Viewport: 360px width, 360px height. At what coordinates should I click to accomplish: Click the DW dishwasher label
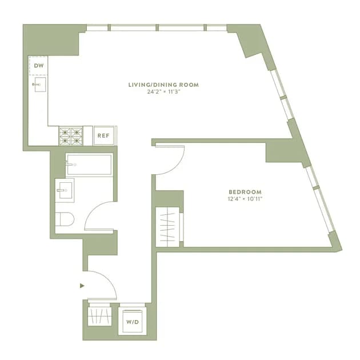point(39,66)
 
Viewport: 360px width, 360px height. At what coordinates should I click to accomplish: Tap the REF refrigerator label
point(103,135)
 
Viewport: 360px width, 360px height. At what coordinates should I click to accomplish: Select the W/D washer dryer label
point(133,322)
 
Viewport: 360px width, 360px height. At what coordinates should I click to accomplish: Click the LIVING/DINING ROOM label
point(163,85)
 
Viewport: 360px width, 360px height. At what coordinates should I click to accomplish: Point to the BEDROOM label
point(245,191)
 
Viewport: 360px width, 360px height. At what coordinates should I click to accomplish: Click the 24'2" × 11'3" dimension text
point(163,92)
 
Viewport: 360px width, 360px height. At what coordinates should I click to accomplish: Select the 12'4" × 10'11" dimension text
point(245,199)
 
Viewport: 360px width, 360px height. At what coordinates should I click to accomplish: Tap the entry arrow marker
point(82,286)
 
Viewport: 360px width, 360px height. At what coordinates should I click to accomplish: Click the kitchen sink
point(40,85)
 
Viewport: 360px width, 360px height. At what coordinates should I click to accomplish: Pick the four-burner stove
point(71,136)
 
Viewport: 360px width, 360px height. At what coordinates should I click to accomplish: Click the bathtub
point(89,165)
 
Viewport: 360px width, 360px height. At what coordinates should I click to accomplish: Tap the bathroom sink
point(65,190)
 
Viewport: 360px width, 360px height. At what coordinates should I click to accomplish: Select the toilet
point(65,219)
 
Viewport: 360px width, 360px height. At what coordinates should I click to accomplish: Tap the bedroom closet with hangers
point(167,227)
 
